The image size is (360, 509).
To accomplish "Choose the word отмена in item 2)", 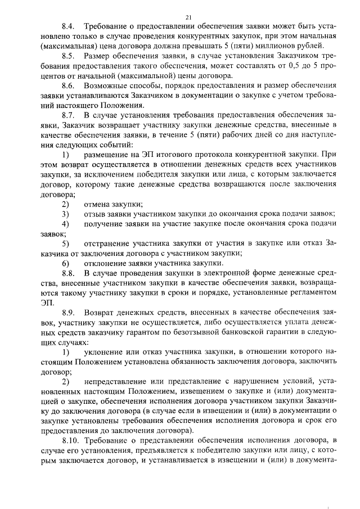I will tap(97, 204).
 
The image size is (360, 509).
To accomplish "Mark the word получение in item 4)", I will tap(105, 224).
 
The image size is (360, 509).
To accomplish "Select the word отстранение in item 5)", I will tap(109, 244).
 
